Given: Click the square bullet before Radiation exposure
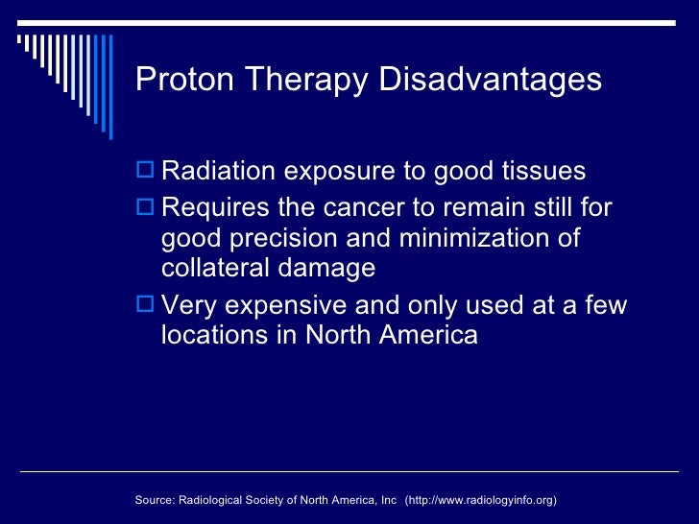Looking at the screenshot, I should [x=146, y=172].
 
